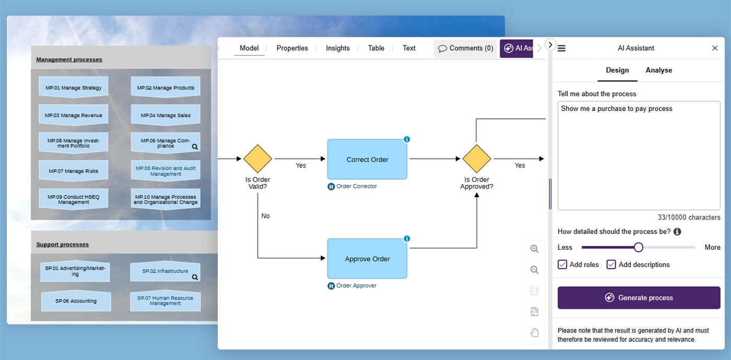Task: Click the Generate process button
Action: (x=639, y=298)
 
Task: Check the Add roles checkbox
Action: (x=562, y=264)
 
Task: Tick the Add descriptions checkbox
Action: (x=611, y=264)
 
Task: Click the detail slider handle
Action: (x=639, y=247)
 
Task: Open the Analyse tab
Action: (x=658, y=70)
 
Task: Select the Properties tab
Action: (x=292, y=49)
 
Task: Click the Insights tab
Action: (x=337, y=49)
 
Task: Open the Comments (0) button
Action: (x=465, y=49)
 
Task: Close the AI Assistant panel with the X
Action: (x=715, y=48)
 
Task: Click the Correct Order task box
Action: (x=367, y=159)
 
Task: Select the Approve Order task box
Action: (x=367, y=259)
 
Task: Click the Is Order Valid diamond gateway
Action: (x=257, y=159)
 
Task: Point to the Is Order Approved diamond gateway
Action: (x=476, y=159)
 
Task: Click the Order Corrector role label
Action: (x=356, y=186)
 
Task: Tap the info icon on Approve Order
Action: (x=407, y=239)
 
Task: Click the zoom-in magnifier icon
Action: (x=534, y=249)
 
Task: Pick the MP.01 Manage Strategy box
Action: (x=74, y=87)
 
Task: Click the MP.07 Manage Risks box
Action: (x=74, y=171)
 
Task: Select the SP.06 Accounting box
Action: (x=76, y=301)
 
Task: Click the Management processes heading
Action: (x=69, y=60)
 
